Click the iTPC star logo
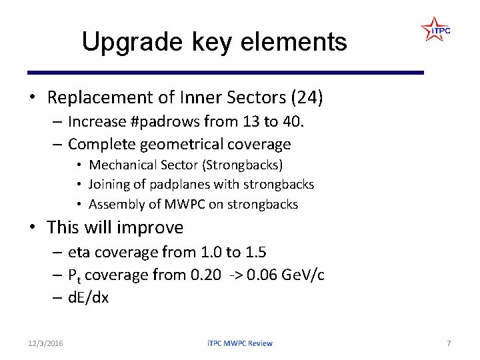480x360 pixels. [x=435, y=30]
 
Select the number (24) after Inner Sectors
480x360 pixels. [x=307, y=98]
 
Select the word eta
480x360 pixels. [x=81, y=252]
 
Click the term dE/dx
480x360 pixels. [x=88, y=297]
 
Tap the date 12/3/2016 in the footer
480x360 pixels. [x=46, y=343]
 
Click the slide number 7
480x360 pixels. [x=449, y=343]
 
